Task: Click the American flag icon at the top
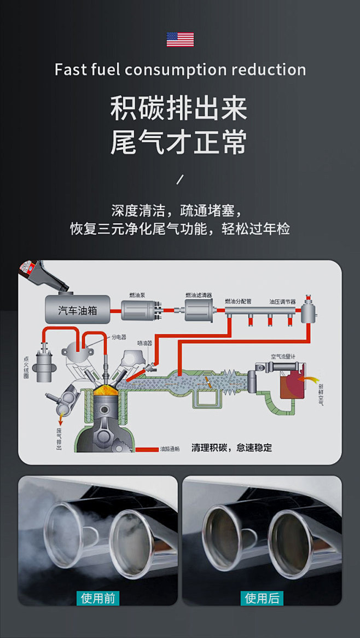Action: (x=180, y=39)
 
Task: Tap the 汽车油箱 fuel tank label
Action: (x=78, y=310)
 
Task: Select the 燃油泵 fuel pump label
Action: (x=137, y=295)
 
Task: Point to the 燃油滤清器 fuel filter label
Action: (x=198, y=295)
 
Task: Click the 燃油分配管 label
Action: (x=238, y=301)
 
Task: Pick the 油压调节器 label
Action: (x=282, y=301)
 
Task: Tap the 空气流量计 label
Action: (x=283, y=356)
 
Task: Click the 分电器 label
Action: (x=119, y=337)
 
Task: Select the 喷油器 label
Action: (x=144, y=343)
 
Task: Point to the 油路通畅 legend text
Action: (x=170, y=449)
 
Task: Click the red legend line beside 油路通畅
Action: (x=146, y=449)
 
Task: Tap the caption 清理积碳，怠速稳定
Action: (x=231, y=448)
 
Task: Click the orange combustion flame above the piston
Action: (x=107, y=391)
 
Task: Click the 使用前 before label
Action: (x=98, y=598)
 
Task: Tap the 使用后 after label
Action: (x=262, y=598)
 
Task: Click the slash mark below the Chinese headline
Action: (x=180, y=179)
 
